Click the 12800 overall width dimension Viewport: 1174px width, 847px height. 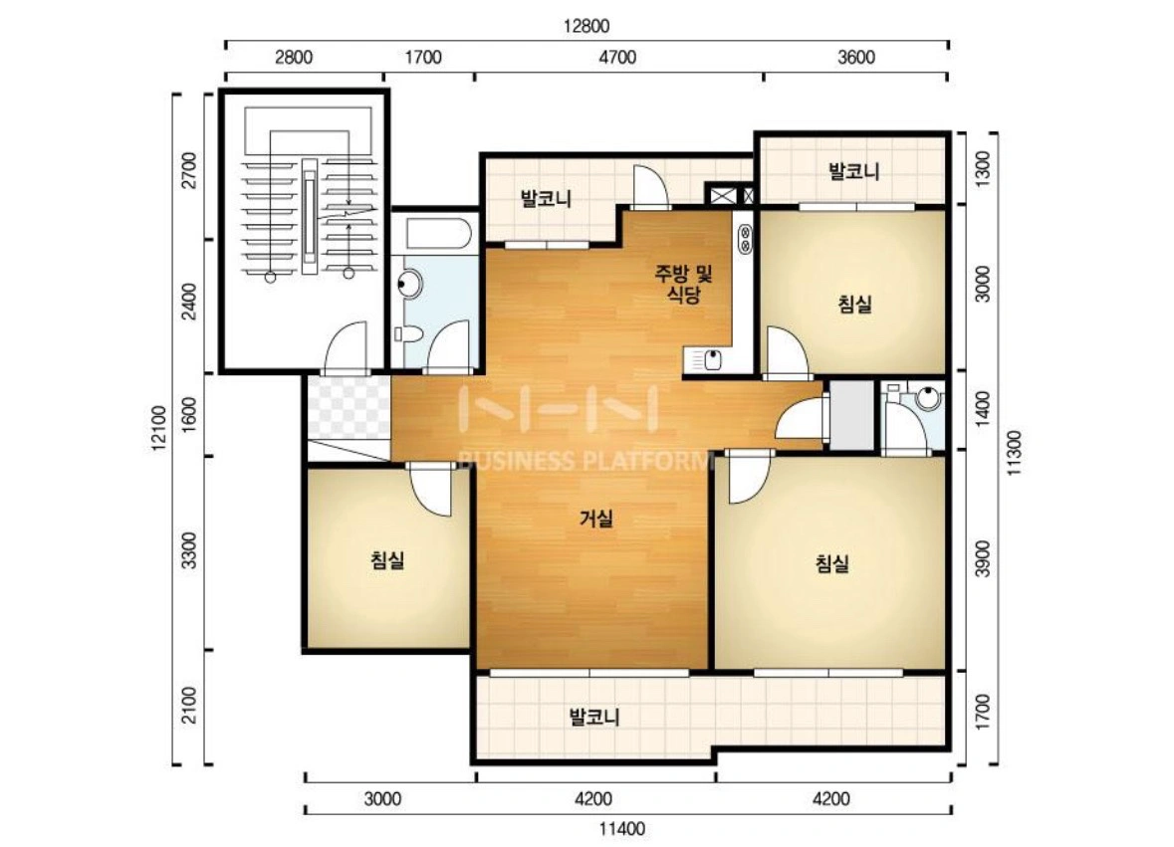click(587, 26)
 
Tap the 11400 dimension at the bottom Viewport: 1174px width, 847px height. click(622, 829)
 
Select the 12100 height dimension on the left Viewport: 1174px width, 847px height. click(158, 428)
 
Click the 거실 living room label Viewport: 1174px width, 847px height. click(596, 518)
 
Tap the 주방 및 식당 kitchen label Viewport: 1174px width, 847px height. click(683, 284)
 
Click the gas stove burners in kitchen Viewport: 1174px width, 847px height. click(745, 238)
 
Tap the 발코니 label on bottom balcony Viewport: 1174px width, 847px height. click(594, 717)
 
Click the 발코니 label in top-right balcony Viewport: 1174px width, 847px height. click(853, 171)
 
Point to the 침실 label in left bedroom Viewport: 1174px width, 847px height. click(387, 559)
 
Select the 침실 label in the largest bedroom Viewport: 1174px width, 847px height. click(831, 562)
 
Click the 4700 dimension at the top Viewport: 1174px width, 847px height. click(617, 58)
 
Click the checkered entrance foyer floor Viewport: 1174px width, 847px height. click(349, 407)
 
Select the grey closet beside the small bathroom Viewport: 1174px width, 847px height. click(852, 415)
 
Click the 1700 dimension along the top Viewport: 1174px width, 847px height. click(423, 58)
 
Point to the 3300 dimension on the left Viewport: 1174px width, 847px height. click(189, 550)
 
